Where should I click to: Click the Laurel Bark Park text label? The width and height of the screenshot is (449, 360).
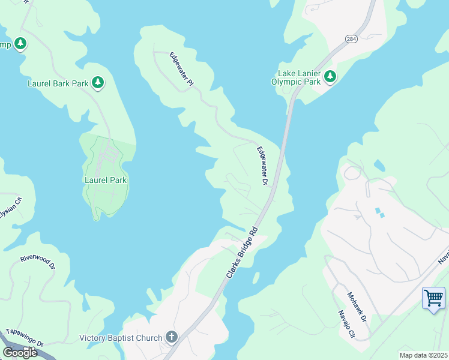(58, 83)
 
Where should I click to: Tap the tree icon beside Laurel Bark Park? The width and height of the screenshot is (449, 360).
(98, 83)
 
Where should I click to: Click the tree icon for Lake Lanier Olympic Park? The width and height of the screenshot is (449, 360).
(330, 76)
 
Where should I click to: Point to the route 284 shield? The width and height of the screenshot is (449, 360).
(352, 38)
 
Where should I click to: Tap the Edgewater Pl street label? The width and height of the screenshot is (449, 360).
(181, 70)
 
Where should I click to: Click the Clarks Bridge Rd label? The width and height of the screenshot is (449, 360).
(243, 252)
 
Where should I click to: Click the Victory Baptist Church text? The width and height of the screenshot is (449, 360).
(121, 338)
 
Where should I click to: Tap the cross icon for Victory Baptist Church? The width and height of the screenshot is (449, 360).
(171, 337)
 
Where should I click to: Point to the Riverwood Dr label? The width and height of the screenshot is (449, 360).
(37, 261)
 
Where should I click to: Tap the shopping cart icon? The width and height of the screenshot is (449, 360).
(433, 298)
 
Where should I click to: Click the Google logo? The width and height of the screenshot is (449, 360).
(20, 353)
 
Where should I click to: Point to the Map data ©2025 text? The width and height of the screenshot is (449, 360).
(423, 355)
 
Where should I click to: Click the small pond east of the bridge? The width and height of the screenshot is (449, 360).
(379, 165)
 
